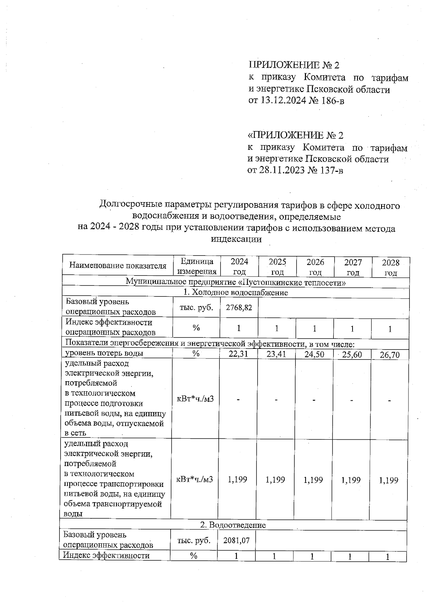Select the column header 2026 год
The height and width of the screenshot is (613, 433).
pos(315,267)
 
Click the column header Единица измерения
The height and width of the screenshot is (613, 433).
pos(197,266)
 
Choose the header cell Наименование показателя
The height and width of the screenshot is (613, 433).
pos(118,266)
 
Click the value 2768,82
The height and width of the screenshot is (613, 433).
pos(239,308)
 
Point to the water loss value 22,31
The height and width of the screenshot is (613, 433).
pos(239,354)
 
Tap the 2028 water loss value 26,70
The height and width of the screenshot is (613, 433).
pos(390,355)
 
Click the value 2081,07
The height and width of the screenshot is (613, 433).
pos(236,540)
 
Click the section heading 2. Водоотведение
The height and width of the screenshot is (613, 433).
pos(233,525)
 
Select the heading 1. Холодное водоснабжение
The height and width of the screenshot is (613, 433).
pos(236,292)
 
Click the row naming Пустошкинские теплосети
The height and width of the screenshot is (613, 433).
pos(236,282)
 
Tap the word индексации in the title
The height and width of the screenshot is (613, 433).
pos(236,239)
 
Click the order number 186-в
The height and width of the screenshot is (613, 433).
pos(331,100)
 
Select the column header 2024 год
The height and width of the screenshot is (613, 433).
pos(239,266)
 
